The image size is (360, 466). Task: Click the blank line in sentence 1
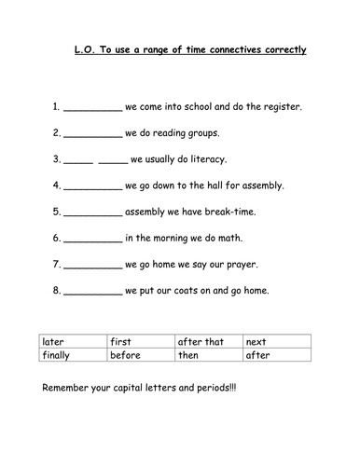[93, 110]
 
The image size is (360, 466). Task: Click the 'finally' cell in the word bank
[57, 355]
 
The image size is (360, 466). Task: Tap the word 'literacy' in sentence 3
[207, 159]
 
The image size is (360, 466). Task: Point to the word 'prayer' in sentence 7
[240, 265]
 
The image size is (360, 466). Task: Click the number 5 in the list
[56, 212]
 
